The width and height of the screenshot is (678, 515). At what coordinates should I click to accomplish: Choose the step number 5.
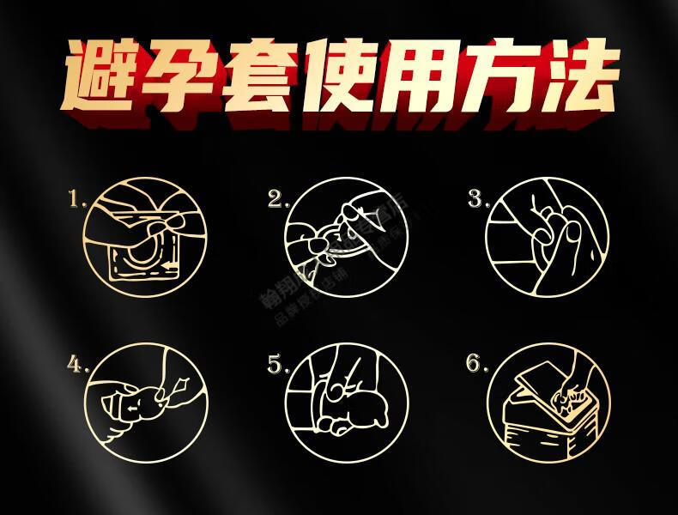click(277, 365)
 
